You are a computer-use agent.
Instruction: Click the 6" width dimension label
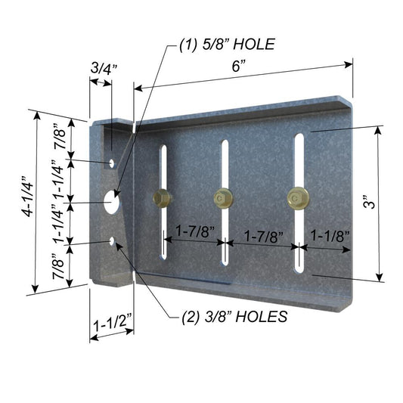point(240,66)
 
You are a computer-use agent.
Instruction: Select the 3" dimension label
point(368,205)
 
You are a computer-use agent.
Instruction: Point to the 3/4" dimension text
point(100,68)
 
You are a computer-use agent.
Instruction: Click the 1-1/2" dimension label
point(110,324)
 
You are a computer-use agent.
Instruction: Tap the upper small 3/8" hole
point(112,162)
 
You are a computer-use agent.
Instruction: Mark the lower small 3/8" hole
point(112,242)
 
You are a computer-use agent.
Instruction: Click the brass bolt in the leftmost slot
point(161,199)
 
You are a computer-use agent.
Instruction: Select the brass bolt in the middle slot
point(222,198)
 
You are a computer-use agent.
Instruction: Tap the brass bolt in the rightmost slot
point(296,199)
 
